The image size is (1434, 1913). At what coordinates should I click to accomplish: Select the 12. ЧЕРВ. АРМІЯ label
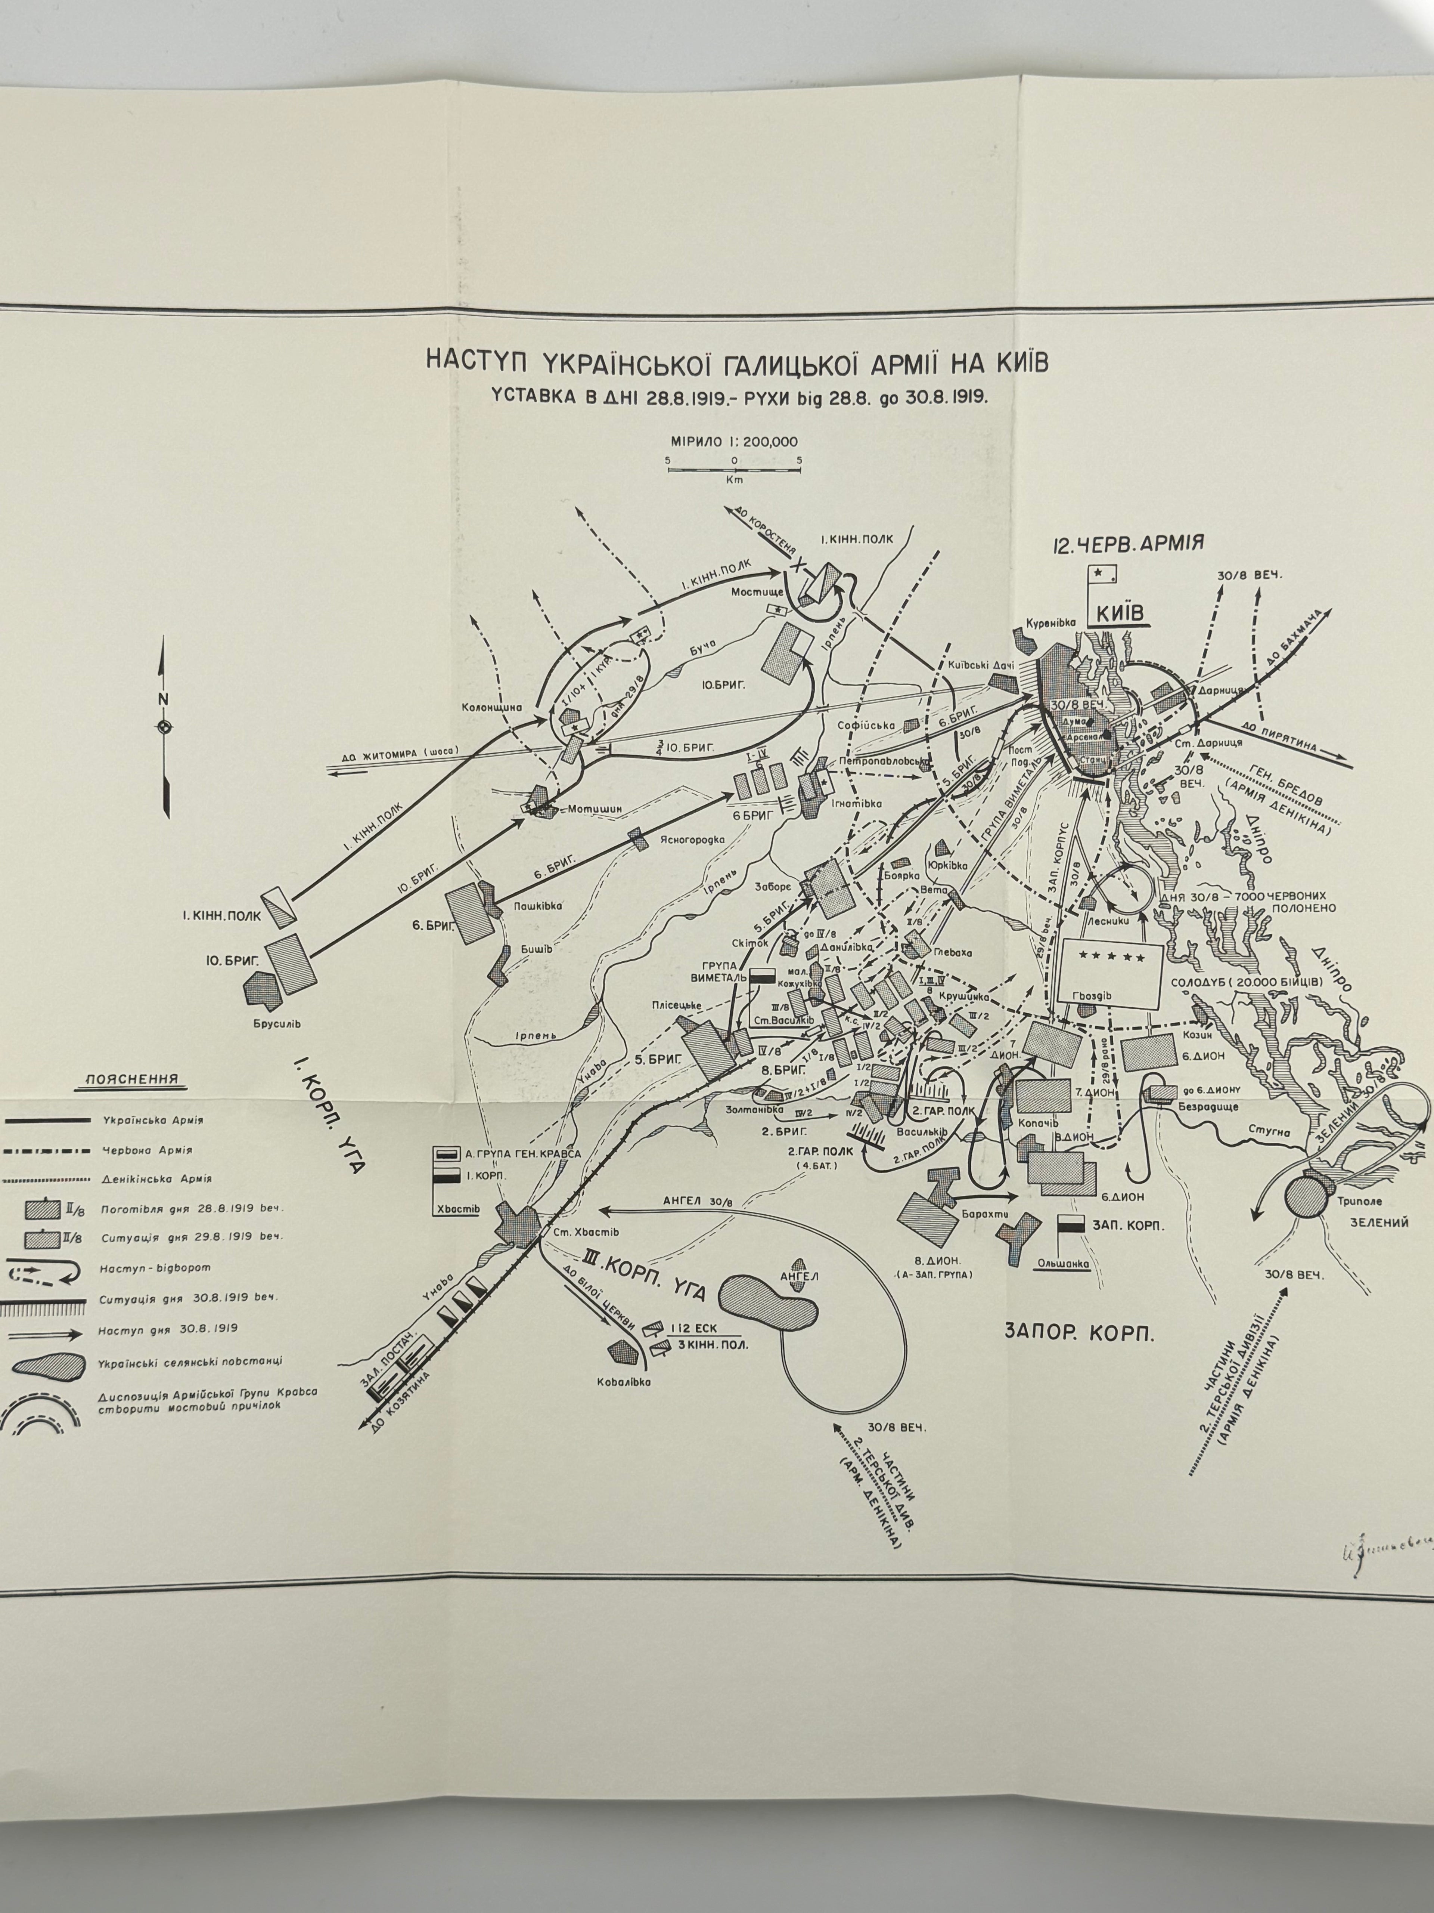[x=1129, y=544]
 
